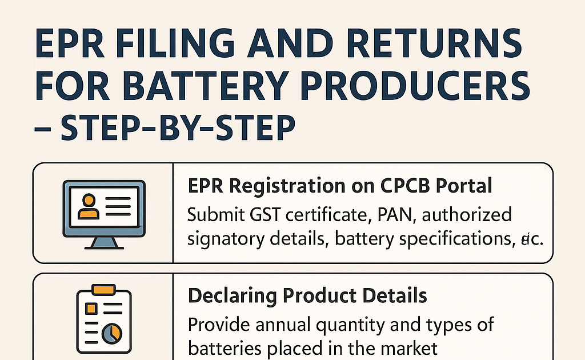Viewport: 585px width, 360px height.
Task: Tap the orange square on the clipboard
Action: point(90,309)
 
